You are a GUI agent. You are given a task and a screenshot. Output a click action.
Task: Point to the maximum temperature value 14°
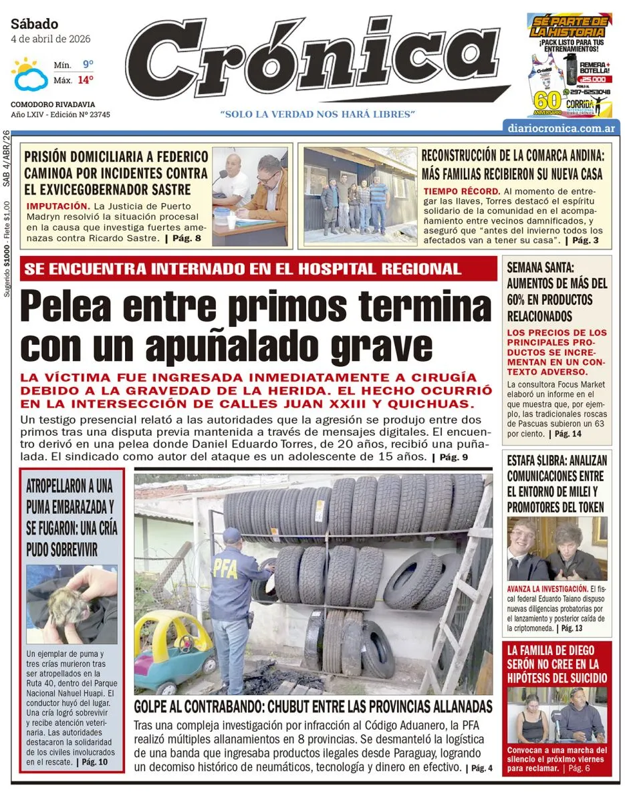point(85,80)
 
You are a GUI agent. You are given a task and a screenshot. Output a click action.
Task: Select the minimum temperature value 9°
point(88,65)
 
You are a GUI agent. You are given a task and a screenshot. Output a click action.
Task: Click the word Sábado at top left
point(35,24)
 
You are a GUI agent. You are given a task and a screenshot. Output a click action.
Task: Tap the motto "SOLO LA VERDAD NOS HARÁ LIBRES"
point(318,114)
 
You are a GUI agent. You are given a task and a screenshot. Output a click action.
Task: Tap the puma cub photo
point(72,604)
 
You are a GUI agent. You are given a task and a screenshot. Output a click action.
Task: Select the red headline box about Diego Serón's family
point(557,664)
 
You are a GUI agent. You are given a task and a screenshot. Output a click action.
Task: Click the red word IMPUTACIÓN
point(58,206)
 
